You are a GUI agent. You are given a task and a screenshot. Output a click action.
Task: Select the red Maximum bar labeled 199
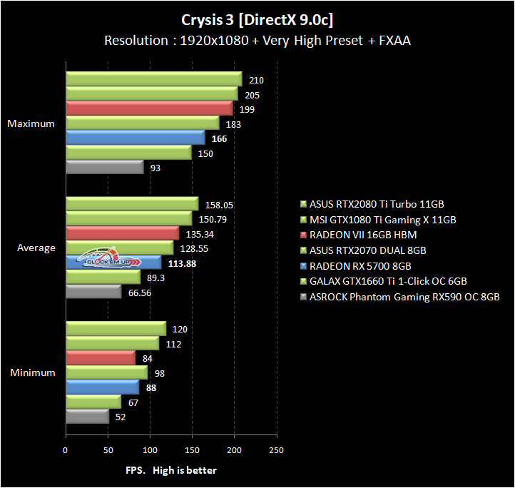[149, 108]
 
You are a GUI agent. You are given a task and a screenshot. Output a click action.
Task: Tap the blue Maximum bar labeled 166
[135, 138]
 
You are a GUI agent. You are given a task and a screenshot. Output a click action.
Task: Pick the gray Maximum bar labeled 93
[104, 167]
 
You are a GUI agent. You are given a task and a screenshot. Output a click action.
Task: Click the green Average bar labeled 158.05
[132, 204]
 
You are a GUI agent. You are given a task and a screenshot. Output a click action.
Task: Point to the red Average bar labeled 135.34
[122, 233]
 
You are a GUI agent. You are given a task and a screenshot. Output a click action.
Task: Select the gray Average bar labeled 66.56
[93, 292]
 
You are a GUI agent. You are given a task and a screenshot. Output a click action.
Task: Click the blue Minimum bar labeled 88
[102, 387]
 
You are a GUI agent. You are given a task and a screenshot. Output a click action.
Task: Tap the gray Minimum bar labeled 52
[87, 417]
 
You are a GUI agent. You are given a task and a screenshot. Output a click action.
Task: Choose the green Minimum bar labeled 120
[116, 329]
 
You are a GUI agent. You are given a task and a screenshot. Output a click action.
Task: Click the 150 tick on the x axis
[192, 450]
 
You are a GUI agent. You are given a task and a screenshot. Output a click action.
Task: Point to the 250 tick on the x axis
[276, 450]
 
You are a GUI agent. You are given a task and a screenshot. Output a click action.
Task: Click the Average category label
[36, 248]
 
